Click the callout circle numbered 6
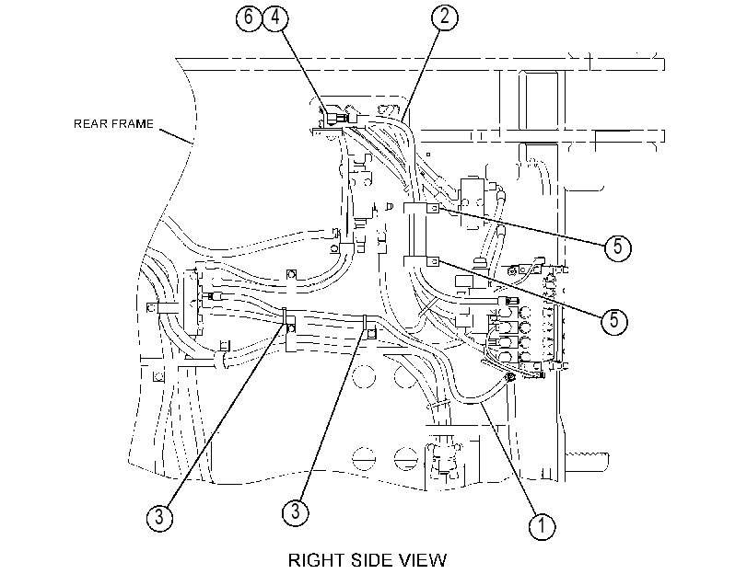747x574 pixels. pos(248,17)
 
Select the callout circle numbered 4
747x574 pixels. pos(275,17)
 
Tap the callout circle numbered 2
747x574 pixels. pos(445,17)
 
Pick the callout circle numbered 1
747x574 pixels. pos(542,526)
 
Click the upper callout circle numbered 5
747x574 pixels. pos(617,247)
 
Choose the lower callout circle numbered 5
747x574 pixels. pos(614,321)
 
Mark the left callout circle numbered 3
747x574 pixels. pos(159,517)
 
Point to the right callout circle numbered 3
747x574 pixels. pos(296,512)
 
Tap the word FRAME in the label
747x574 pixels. pos(130,124)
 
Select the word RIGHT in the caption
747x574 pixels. pos(315,560)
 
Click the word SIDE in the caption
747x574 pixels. pos(368,560)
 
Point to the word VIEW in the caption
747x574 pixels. pos(421,560)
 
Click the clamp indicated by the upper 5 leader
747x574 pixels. pos(422,209)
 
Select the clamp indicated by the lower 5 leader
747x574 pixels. pos(422,262)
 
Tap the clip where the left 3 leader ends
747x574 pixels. pos(289,324)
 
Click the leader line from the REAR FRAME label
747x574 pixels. pos(176,135)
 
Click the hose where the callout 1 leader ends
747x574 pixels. pos(481,399)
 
